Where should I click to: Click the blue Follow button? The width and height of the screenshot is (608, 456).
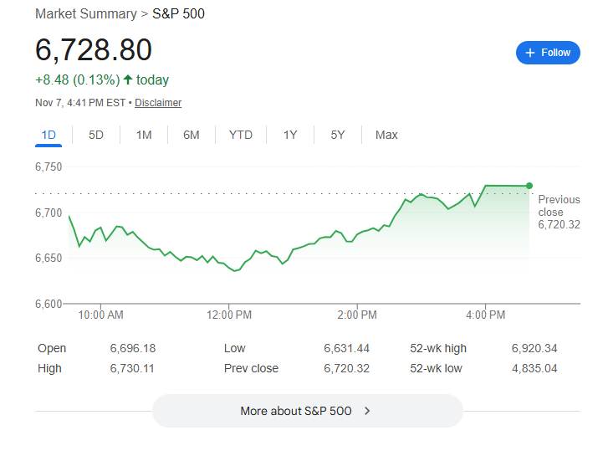point(548,53)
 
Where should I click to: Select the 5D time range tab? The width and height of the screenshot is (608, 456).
point(96,135)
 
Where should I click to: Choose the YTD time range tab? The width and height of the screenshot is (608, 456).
point(240,135)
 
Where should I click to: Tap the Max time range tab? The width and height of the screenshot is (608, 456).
point(386,135)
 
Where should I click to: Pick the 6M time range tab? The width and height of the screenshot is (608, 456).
point(192,135)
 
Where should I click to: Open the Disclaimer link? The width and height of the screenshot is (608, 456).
point(158,103)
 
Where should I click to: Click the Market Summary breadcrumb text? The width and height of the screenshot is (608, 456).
point(85,14)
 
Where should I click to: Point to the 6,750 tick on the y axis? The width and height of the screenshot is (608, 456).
point(49,167)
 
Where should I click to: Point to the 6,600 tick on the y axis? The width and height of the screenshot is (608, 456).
point(49,303)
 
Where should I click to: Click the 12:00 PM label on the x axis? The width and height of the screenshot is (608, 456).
point(230,315)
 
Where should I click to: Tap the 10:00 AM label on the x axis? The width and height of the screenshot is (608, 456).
point(101,315)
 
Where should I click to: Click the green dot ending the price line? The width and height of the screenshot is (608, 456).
point(529,186)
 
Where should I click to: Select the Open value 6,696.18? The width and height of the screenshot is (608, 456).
point(132,348)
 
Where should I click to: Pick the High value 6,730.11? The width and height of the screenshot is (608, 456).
point(132,368)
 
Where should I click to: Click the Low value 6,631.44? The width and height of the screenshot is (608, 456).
point(346,348)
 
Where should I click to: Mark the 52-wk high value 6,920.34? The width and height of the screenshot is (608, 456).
point(534,348)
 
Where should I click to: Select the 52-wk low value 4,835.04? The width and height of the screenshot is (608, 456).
point(534,368)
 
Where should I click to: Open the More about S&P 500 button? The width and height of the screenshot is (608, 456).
point(306,411)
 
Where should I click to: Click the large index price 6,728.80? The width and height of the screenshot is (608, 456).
point(94,50)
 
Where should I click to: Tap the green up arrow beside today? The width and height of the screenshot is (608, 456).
point(127,80)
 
